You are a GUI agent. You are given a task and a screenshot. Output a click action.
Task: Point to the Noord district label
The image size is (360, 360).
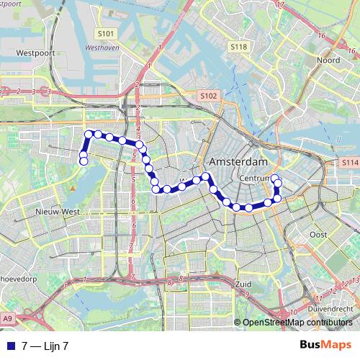click(328, 60)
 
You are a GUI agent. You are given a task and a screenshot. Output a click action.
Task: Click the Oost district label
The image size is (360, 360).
click(318, 235)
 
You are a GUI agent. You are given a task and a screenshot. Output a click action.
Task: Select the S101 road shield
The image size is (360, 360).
click(106, 33)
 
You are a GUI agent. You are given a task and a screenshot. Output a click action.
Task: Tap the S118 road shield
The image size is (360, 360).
click(239, 46)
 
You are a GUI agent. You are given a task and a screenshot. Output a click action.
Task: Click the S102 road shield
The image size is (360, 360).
click(208, 95)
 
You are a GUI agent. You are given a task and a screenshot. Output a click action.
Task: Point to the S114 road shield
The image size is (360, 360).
click(350, 163)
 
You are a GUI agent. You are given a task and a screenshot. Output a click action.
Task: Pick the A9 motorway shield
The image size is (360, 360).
click(7, 318)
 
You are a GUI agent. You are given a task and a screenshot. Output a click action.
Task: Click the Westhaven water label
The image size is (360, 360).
click(101, 48)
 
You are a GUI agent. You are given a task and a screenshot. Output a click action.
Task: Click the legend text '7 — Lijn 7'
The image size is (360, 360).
click(45, 346)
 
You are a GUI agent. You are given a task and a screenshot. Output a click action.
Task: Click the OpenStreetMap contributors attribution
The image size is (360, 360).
click(298, 323)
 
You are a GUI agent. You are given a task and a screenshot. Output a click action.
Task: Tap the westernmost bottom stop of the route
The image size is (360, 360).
click(84, 161)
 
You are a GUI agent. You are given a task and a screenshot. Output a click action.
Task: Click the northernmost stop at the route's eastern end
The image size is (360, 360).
click(274, 178)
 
